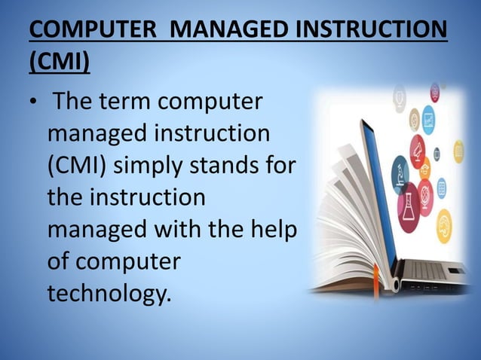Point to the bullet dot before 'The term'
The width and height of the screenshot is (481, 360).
coord(33,105)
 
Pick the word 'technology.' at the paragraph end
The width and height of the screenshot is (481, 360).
coord(109,292)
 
